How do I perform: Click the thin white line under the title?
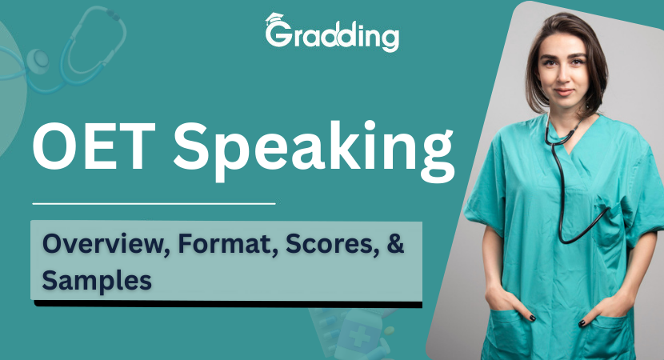tap(153, 203)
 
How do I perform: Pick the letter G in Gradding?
tap(277, 37)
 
